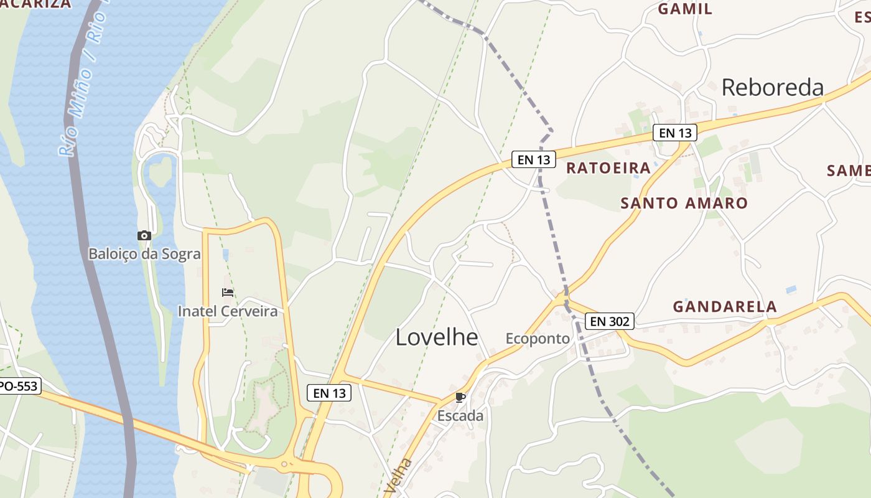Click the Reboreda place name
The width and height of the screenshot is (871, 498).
(x=772, y=88)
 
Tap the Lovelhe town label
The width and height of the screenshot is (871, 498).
(x=437, y=337)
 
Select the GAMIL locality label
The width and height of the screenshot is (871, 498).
(x=685, y=9)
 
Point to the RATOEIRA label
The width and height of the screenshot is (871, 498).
(x=608, y=168)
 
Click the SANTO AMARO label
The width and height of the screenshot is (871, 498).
(x=684, y=203)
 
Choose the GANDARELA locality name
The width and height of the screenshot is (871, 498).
(x=725, y=306)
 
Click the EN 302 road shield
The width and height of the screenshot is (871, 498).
(x=610, y=321)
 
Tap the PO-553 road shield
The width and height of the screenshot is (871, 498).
(x=19, y=386)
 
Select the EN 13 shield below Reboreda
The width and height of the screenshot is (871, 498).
(x=675, y=133)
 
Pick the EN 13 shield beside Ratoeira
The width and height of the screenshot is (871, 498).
(x=534, y=159)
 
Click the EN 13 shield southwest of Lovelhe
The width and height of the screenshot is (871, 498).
(x=329, y=393)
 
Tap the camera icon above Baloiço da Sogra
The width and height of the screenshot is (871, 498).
(x=144, y=235)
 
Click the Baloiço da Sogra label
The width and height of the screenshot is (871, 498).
(x=144, y=254)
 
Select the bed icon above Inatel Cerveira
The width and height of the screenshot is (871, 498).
(x=228, y=293)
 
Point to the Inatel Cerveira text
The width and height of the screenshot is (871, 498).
(x=228, y=311)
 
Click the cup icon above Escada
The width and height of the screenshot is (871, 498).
(x=460, y=397)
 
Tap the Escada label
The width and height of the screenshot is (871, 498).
(x=460, y=416)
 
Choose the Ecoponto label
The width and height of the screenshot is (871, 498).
(x=538, y=339)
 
